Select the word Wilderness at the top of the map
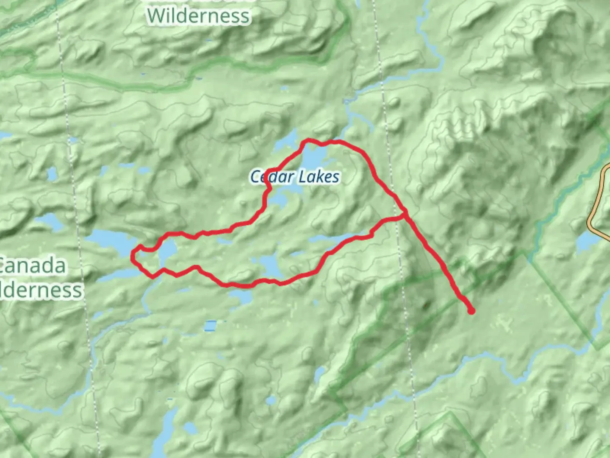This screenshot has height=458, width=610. (199, 16)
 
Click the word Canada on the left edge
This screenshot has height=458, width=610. (33, 266)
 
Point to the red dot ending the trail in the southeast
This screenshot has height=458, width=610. (471, 311)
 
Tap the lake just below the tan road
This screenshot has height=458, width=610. (591, 241)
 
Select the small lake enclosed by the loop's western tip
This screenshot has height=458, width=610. (166, 252)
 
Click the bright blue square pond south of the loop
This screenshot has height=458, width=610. (210, 326)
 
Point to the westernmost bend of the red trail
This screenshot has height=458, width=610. (133, 256)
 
